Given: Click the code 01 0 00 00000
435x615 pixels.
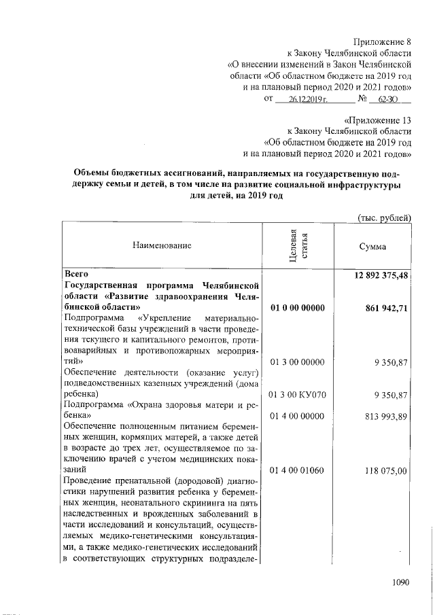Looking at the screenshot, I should (x=297, y=308).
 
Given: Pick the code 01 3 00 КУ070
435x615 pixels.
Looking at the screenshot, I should (x=297, y=394).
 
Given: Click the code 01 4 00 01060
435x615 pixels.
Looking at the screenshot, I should (x=297, y=470).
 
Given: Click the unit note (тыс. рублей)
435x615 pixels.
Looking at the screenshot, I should (x=385, y=217).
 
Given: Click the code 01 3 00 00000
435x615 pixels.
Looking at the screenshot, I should (x=297, y=362).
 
